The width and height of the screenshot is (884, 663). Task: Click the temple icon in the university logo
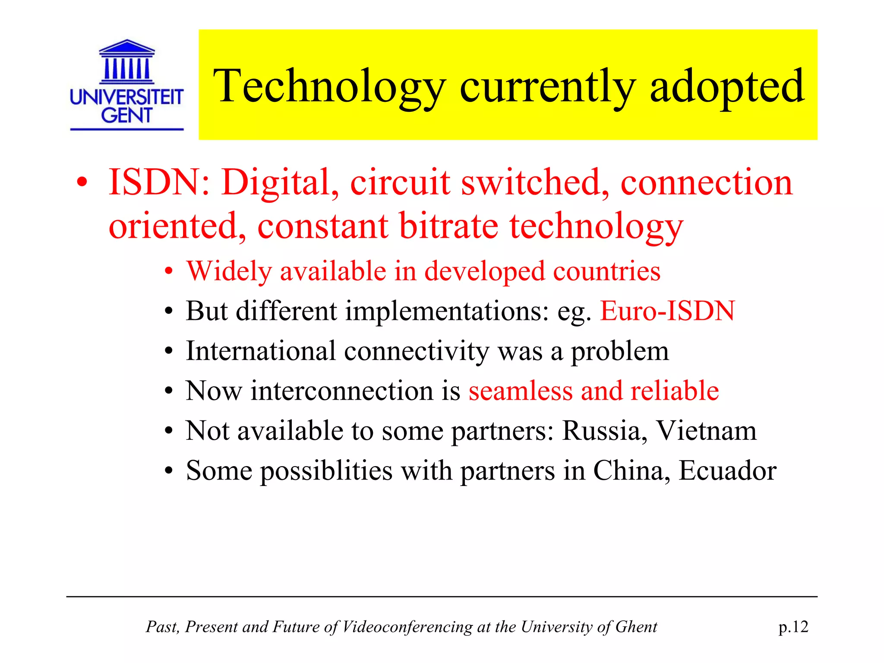pos(126,62)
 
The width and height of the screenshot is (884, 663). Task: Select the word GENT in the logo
pos(126,116)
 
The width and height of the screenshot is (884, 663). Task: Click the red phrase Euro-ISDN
pos(667,311)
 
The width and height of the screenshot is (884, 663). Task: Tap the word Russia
pos(604,431)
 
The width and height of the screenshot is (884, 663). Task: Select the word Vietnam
pos(706,431)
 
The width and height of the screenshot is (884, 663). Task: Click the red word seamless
pos(520,391)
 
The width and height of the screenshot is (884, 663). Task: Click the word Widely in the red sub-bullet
pos(229,272)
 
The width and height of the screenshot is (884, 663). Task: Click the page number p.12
pos(793,627)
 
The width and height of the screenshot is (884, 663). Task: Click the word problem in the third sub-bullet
pos(620,352)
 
